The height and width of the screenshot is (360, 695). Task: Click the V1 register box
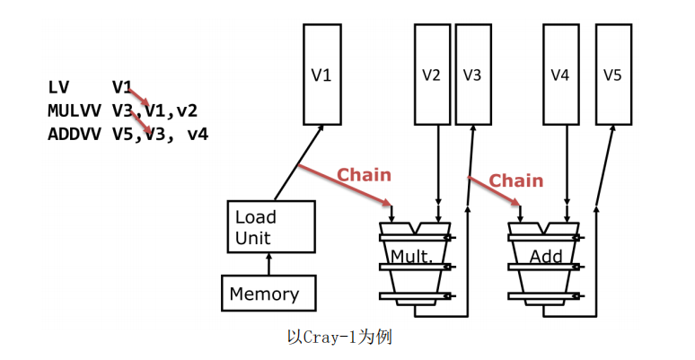pyautogui.click(x=321, y=75)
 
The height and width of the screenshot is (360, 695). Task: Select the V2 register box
pyautogui.click(x=431, y=75)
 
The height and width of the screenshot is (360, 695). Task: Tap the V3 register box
pyautogui.click(x=472, y=75)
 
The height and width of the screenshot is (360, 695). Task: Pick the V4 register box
pyautogui.click(x=560, y=75)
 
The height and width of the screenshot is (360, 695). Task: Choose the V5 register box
pyautogui.click(x=611, y=75)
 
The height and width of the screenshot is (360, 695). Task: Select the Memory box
pyautogui.click(x=265, y=294)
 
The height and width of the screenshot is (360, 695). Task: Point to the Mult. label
pyautogui.click(x=412, y=257)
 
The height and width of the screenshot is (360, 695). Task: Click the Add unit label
pyautogui.click(x=546, y=257)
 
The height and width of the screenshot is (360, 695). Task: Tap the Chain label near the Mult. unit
pyautogui.click(x=364, y=174)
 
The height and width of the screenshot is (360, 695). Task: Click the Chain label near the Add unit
pyautogui.click(x=516, y=180)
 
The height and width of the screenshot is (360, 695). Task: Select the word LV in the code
pyautogui.click(x=58, y=87)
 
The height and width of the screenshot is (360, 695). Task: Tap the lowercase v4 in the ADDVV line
pyautogui.click(x=197, y=135)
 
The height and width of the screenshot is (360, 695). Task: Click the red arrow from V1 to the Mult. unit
pyautogui.click(x=346, y=185)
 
